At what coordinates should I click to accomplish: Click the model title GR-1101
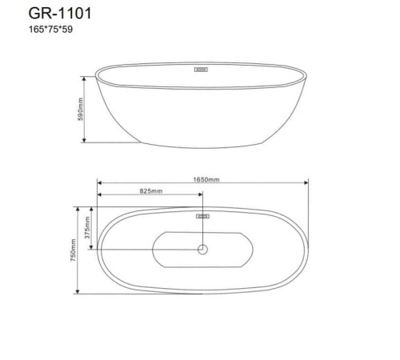tap(60, 14)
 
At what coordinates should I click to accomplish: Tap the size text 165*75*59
tap(50, 30)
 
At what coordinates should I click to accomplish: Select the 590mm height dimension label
tap(80, 110)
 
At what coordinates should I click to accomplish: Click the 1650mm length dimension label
tap(206, 179)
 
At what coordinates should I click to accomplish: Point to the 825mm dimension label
tap(151, 191)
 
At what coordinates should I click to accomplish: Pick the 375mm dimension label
tap(87, 227)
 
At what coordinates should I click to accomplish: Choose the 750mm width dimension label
tap(74, 250)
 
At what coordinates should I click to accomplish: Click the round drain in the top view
tap(202, 250)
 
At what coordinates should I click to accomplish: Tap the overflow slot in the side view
tap(201, 70)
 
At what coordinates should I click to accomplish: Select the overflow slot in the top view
tap(202, 216)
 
